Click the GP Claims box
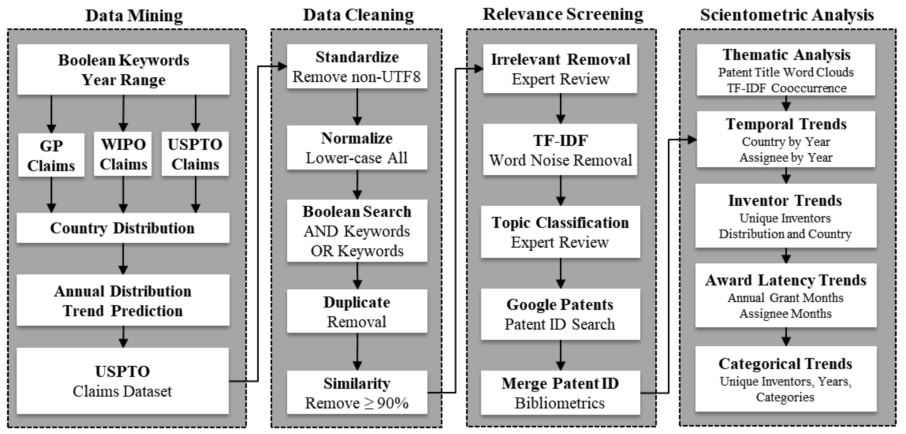(x=51, y=155)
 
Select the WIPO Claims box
(x=123, y=154)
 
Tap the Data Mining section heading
(x=134, y=16)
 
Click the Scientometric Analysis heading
(x=787, y=15)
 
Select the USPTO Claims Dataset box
(x=123, y=381)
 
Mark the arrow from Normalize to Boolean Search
(x=357, y=184)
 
